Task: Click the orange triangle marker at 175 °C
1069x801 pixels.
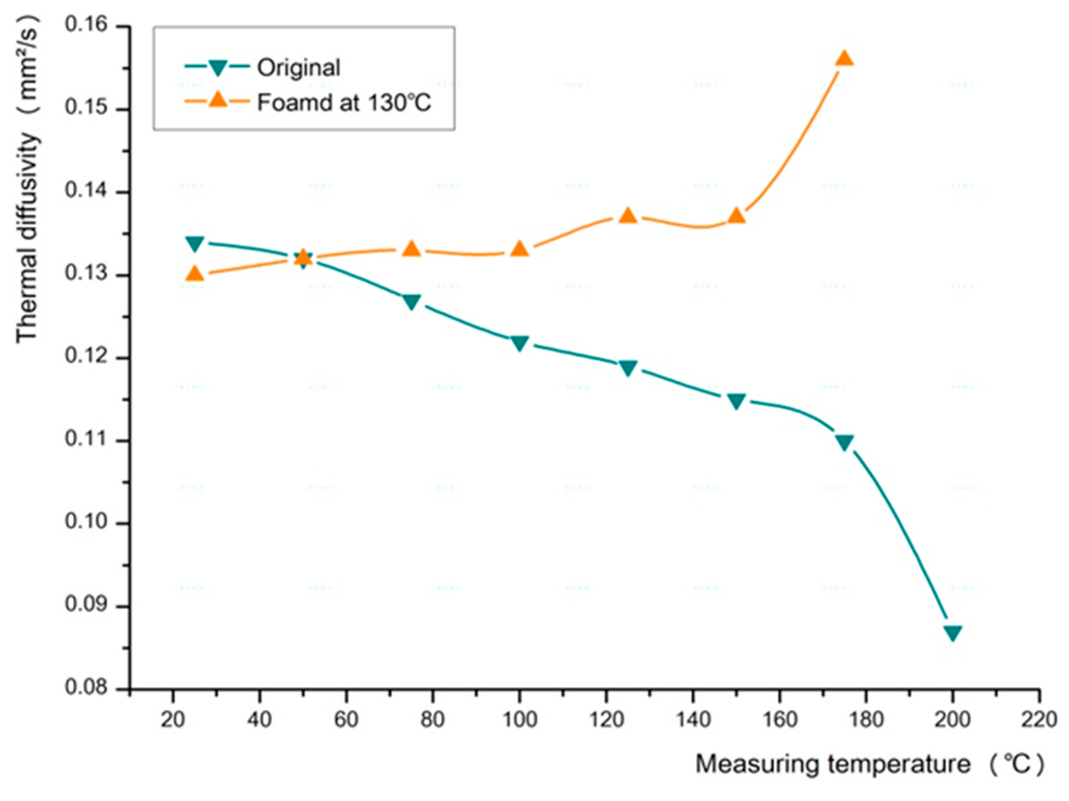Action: (844, 59)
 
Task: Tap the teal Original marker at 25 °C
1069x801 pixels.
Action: (195, 244)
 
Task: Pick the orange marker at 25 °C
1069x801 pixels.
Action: (195, 274)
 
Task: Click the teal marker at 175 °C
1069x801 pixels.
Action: (844, 442)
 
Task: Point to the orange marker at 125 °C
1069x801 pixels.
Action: (628, 215)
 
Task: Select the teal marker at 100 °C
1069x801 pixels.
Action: (520, 343)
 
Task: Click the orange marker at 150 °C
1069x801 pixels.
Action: (736, 216)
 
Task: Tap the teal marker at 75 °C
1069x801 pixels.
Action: (411, 302)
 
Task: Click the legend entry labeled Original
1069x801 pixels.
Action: (298, 68)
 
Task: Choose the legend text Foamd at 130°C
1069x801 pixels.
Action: (344, 103)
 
